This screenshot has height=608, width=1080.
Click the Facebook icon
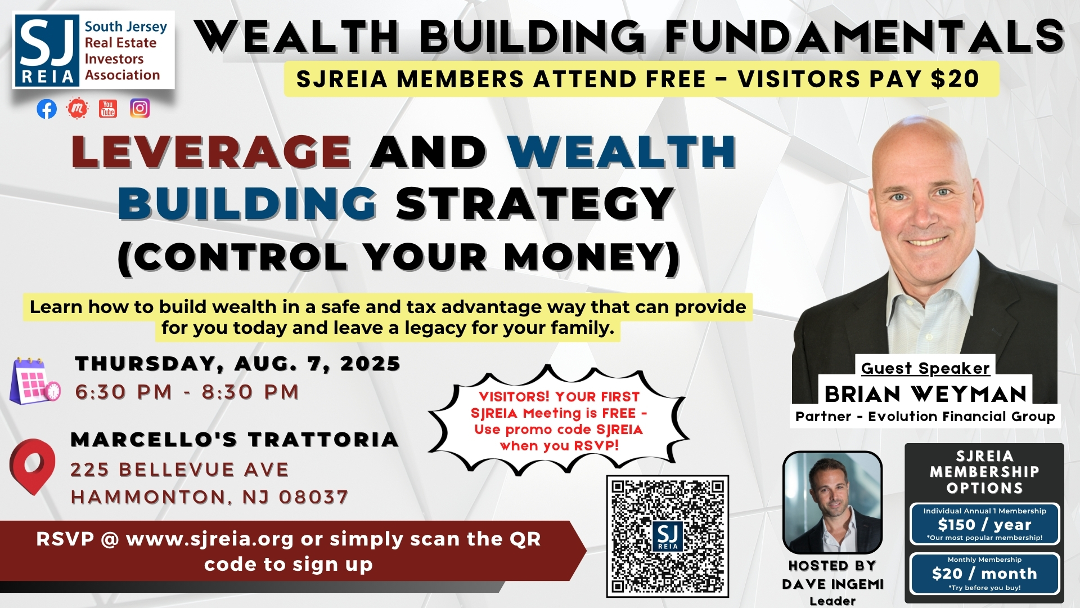coord(47,109)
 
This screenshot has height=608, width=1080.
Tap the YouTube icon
coord(107,109)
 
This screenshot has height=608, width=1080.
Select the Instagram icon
coord(139,108)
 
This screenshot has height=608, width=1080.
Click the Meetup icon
coord(78,109)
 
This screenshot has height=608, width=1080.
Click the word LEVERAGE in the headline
coord(211,152)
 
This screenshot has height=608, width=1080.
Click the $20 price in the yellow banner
coord(955,79)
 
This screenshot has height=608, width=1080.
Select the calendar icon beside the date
coord(35,381)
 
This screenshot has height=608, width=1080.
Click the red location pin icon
coord(33,466)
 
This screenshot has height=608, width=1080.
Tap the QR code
coord(667,536)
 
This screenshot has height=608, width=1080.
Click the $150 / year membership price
coord(984,525)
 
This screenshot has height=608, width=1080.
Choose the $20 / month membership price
coord(984,574)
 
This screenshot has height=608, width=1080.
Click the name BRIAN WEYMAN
coord(925,394)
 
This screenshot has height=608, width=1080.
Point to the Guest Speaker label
coord(925,368)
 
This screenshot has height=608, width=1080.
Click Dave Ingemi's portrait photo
coord(832,503)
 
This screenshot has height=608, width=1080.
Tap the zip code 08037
coord(313,497)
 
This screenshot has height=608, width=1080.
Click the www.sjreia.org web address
coord(210,539)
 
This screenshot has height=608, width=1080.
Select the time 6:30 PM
coord(124,392)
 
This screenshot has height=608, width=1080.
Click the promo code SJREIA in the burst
coord(619,430)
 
